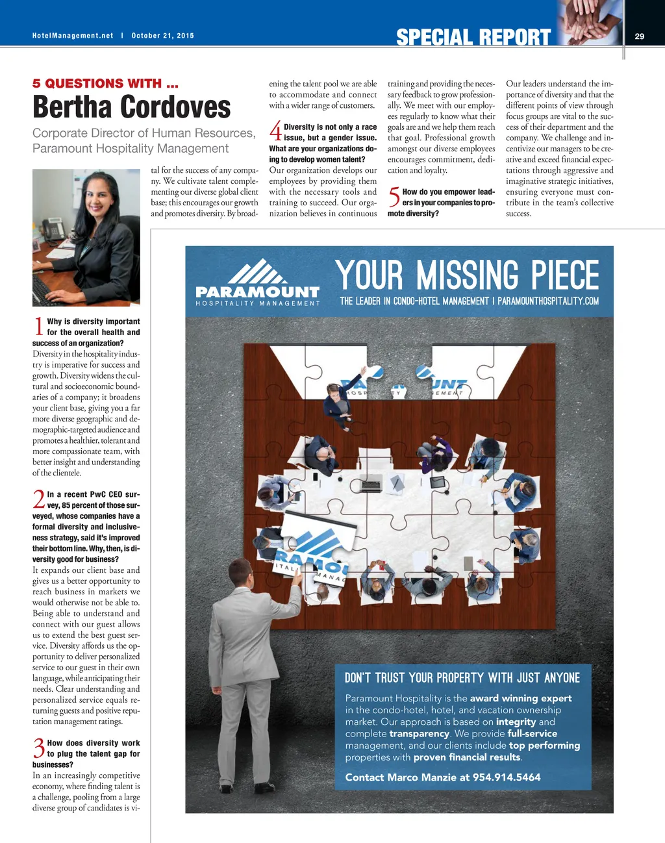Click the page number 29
click(639, 36)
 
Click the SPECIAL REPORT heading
click(473, 38)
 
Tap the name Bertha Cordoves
click(132, 107)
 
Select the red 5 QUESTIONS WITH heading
click(105, 83)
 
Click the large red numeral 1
click(38, 327)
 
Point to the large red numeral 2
click(39, 499)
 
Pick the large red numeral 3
click(39, 748)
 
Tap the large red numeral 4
click(275, 132)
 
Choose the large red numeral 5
click(394, 197)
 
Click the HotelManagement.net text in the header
click(73, 36)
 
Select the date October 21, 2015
click(162, 36)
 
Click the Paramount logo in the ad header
click(258, 283)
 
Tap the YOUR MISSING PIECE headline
click(468, 275)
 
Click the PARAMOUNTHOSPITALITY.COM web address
click(548, 301)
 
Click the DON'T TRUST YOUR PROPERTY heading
click(462, 678)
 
